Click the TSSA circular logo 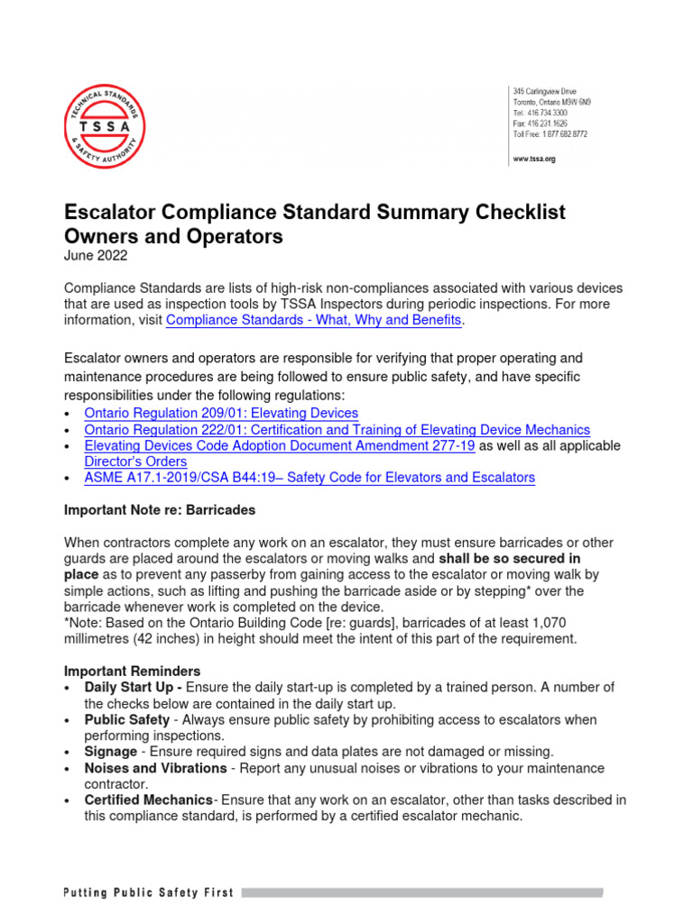point(104,125)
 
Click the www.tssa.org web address point(533,159)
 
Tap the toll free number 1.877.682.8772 point(550,133)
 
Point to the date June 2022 point(96,255)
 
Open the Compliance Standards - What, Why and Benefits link point(314,320)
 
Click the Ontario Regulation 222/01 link point(337,430)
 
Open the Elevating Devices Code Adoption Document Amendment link point(279,446)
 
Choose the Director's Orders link point(135,461)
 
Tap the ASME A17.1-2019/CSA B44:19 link point(310,478)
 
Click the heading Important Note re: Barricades point(160,510)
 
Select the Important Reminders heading point(133,672)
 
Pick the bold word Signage point(111,752)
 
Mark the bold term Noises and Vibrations point(155,768)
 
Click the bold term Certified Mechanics point(149,800)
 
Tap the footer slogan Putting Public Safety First point(148,893)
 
